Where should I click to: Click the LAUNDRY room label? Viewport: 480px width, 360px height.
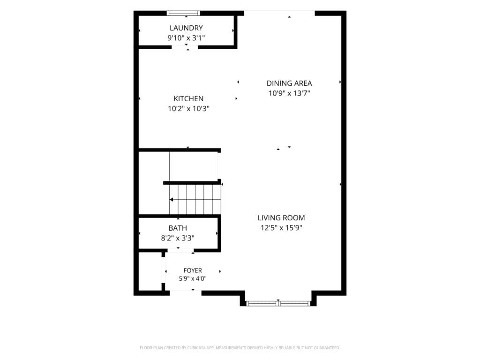click(x=186, y=28)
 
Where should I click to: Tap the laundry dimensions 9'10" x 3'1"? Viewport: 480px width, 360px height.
click(x=186, y=38)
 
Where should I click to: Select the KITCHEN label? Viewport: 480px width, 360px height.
click(x=188, y=98)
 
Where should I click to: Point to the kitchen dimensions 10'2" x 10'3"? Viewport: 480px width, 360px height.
click(x=188, y=109)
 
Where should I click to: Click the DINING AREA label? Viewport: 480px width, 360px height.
click(x=289, y=83)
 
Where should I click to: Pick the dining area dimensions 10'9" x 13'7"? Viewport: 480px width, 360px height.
click(x=289, y=93)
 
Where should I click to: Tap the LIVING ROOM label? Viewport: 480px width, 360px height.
click(x=281, y=217)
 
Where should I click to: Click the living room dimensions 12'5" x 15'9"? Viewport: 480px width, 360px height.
click(x=281, y=228)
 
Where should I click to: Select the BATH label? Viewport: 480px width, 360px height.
click(x=178, y=228)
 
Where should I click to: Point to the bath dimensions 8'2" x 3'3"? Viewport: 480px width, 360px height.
click(x=178, y=238)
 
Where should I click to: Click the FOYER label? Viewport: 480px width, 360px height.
click(x=193, y=270)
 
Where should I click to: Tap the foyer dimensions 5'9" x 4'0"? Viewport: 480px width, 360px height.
click(x=193, y=278)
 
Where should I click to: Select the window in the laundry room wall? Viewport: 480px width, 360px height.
click(x=183, y=13)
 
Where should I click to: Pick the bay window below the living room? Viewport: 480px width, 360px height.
click(x=278, y=303)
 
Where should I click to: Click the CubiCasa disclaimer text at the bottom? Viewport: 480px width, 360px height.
click(x=240, y=348)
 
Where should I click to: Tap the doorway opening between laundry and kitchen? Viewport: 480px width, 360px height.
click(x=185, y=47)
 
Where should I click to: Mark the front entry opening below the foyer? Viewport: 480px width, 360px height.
click(x=186, y=293)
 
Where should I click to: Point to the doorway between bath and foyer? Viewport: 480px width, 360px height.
click(x=180, y=250)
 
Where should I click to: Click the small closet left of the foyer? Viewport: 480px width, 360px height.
click(x=150, y=271)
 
